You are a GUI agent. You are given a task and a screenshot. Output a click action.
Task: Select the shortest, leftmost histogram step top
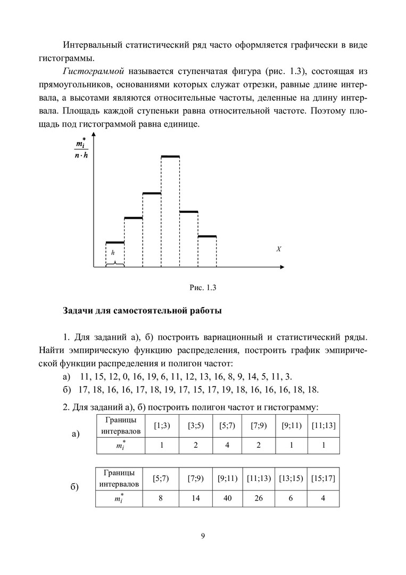coord(115,243)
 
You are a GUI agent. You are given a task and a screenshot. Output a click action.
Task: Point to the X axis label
coord(279,249)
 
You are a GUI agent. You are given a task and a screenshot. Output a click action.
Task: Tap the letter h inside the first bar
coord(112,253)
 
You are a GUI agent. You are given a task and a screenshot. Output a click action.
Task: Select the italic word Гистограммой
coord(93,71)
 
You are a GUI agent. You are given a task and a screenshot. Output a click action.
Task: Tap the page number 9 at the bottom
coord(203,536)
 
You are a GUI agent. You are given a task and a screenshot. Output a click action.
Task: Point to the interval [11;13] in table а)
coord(324,425)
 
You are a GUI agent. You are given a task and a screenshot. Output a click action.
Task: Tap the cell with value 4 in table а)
coord(227,445)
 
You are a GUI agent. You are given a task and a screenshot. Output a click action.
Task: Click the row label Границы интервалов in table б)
coord(120,479)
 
